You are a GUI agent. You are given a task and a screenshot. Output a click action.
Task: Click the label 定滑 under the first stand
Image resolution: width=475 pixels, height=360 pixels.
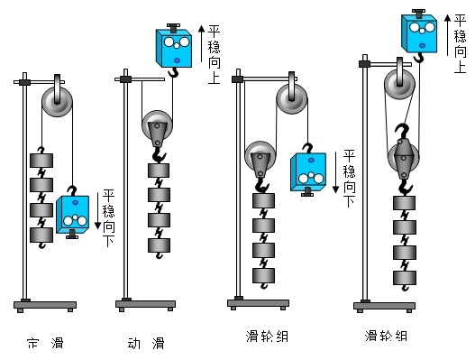pos(43,343)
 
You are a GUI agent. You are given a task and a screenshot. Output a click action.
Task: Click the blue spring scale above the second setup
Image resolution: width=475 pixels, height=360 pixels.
pos(176,45)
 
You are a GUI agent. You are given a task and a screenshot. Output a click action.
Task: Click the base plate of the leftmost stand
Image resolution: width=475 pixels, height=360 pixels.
pos(44,305)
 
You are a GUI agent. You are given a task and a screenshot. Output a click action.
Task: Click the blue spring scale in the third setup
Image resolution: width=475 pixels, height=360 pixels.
pos(308,171)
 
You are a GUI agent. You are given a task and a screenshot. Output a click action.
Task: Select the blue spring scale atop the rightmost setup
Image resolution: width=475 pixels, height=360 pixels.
pos(420,32)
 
